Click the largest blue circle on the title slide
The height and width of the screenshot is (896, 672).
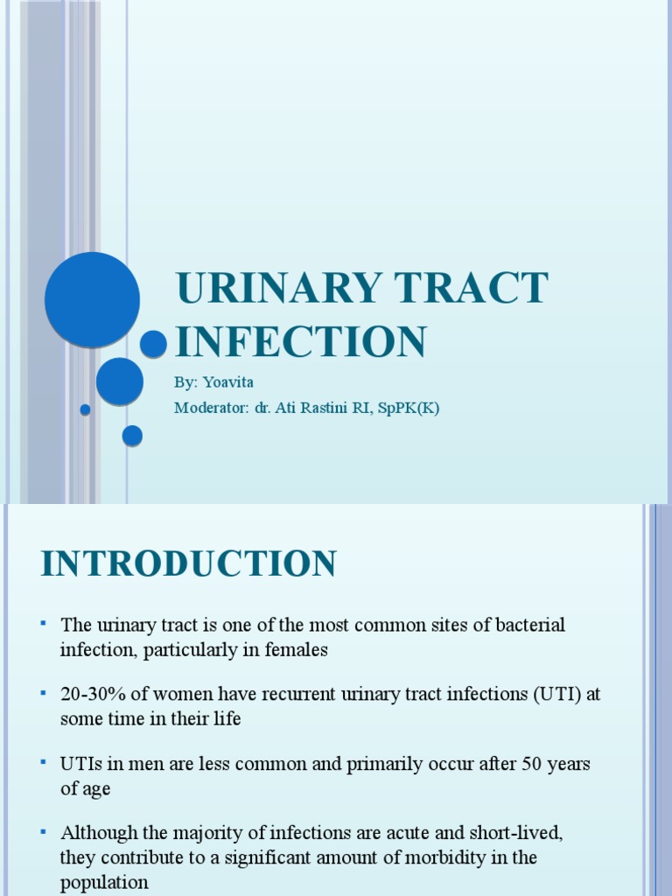coord(92,299)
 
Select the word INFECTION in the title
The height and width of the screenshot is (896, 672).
coord(301,341)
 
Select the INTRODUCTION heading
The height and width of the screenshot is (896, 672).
coord(188,564)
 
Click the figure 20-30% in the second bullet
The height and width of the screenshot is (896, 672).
coord(94,694)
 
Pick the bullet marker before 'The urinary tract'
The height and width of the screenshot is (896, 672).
coord(42,623)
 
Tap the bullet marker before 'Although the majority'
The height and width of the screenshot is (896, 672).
coord(42,830)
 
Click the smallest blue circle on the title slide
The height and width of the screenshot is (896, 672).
coord(85,409)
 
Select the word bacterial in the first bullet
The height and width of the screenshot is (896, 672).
coord(521,625)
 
